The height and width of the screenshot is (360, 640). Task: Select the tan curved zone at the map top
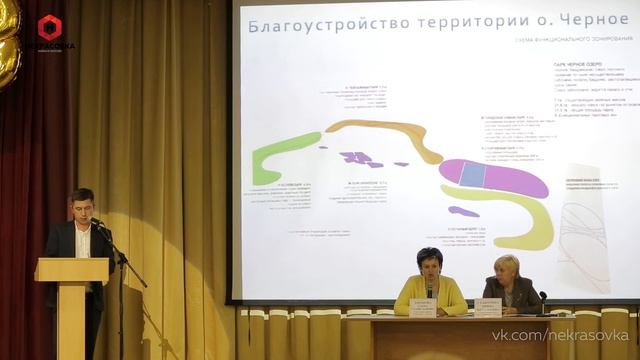pyautogui.click(x=385, y=132)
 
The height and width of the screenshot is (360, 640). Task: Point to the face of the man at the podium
pyautogui.click(x=82, y=205)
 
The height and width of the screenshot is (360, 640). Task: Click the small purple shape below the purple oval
pyautogui.click(x=463, y=212)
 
